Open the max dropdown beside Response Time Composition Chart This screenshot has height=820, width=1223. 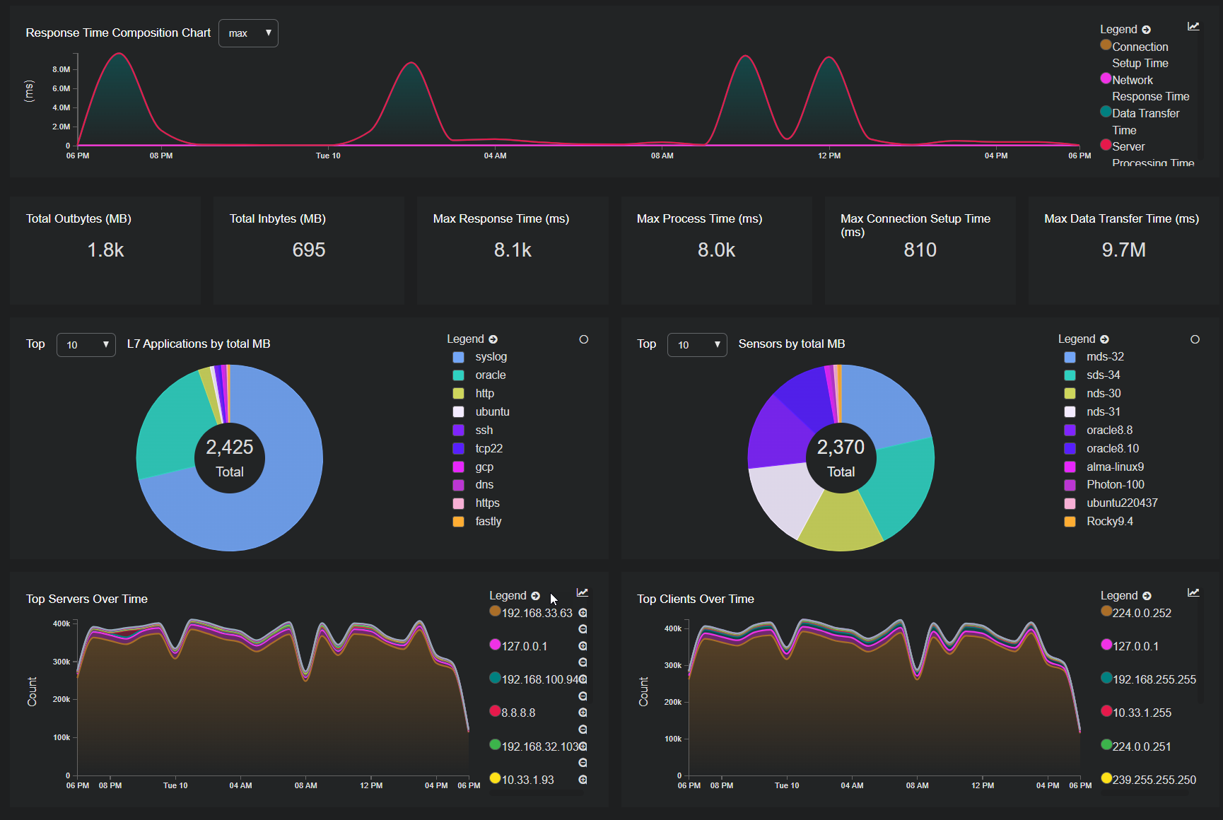tap(248, 33)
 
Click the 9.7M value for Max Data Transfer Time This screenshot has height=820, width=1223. tap(1123, 250)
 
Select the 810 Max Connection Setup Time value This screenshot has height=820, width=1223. tap(920, 250)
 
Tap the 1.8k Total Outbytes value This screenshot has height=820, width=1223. tap(105, 250)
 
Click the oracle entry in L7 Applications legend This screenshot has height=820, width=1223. tap(490, 375)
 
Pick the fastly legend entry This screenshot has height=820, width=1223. tap(488, 522)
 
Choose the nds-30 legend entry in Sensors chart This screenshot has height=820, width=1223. tap(1103, 394)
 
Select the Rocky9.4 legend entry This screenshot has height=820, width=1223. tap(1109, 522)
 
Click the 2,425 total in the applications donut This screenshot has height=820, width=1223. tap(230, 447)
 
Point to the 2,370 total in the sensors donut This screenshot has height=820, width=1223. tap(841, 447)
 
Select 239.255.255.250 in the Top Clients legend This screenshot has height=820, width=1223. tap(1154, 780)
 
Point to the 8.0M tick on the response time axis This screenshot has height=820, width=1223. tap(62, 69)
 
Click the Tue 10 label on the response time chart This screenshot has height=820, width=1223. tap(328, 156)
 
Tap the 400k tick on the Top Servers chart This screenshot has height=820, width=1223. tap(62, 623)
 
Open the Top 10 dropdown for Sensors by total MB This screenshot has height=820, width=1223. tap(697, 345)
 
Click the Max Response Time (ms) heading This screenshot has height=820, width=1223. tap(501, 219)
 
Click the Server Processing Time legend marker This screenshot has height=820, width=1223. tap(1106, 145)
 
